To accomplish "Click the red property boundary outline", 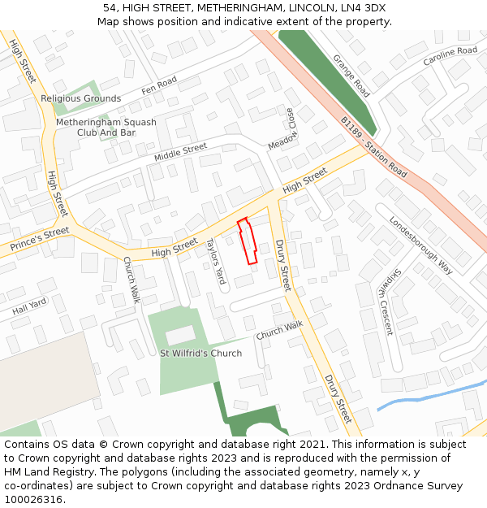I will point(248,241).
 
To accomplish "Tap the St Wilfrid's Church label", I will point(200,354).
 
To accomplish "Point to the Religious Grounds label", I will point(81,98).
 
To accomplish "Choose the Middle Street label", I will point(180,152).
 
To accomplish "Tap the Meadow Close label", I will point(284,128).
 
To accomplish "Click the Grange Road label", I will point(351,76).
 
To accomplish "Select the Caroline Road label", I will point(450,56).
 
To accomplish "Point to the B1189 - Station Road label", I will point(374,147).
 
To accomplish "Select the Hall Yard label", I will point(29,306).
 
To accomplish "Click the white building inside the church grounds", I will point(180,335).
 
